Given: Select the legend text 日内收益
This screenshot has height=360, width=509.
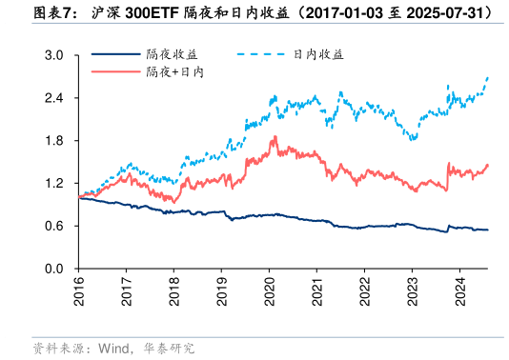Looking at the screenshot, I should coord(317,55).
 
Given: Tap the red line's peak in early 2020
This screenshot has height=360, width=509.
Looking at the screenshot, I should coord(275,137).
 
